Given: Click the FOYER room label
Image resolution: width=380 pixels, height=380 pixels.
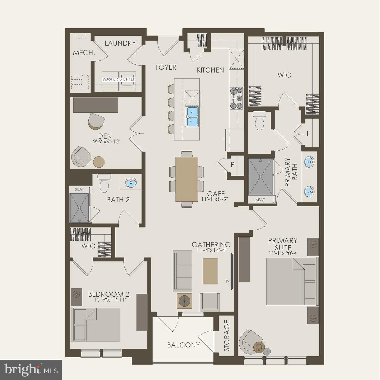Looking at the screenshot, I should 166,68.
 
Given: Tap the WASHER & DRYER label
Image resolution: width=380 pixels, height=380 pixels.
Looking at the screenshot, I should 119,79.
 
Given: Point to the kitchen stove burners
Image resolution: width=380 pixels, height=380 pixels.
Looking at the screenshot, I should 236,98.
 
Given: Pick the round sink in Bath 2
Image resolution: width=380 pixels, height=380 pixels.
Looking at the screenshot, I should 131,182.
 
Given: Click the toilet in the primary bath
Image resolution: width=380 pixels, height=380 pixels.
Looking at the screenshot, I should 259,121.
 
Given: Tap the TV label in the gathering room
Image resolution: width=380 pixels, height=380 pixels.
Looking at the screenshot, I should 227,281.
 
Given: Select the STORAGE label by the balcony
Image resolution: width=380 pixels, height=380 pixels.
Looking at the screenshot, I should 227,336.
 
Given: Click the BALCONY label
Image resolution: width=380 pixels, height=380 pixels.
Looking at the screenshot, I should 183,345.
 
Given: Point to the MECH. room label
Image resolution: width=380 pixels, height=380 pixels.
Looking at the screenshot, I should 84,53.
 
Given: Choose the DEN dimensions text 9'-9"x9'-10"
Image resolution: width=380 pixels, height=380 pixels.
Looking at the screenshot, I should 107,141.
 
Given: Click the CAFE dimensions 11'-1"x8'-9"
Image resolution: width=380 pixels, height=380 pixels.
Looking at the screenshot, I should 215,199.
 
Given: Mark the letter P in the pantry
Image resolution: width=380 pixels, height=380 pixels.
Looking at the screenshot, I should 232,164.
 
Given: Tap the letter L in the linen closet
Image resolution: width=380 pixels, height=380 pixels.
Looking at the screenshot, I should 308,134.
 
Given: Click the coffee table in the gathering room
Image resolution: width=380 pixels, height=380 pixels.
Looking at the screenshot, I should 210,271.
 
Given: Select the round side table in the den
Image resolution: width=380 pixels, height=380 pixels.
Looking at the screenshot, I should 99,162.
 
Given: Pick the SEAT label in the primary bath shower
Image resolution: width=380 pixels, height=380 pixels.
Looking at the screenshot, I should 260,200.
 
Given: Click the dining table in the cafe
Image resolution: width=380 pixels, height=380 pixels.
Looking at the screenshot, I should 187,179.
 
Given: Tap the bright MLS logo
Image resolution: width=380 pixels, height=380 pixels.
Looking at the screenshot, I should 31,369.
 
